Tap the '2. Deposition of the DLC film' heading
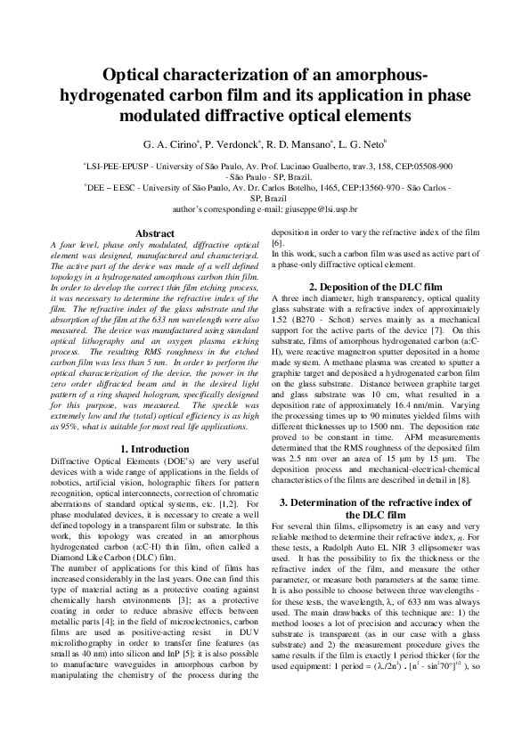pos(375,287)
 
